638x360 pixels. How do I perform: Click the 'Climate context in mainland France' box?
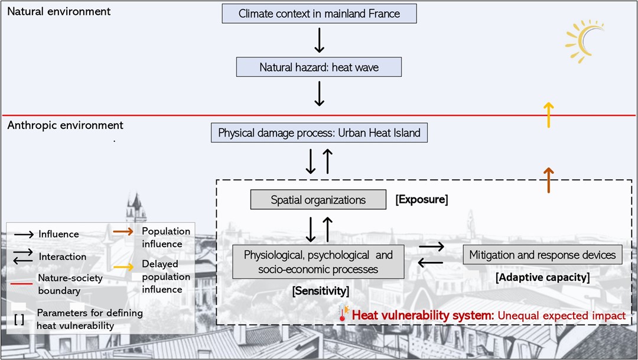[x=319, y=14]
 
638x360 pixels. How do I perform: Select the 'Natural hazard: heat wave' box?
[x=319, y=67]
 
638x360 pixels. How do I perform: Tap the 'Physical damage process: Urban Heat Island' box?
[x=319, y=133]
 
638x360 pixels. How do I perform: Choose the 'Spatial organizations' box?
[x=318, y=200]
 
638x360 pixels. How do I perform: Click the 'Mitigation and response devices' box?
[x=542, y=255]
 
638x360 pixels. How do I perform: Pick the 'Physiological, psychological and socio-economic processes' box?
[x=318, y=262]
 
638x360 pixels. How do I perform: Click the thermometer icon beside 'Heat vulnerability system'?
[x=343, y=313]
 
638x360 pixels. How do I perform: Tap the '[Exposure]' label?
[x=421, y=200]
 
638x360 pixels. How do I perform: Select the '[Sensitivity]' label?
[x=320, y=291]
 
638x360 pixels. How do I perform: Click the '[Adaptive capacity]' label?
[x=542, y=277]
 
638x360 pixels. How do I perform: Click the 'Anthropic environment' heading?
[x=65, y=125]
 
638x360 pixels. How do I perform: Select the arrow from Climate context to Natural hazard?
[x=319, y=40]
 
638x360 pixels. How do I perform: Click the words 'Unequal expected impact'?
[x=561, y=316]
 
